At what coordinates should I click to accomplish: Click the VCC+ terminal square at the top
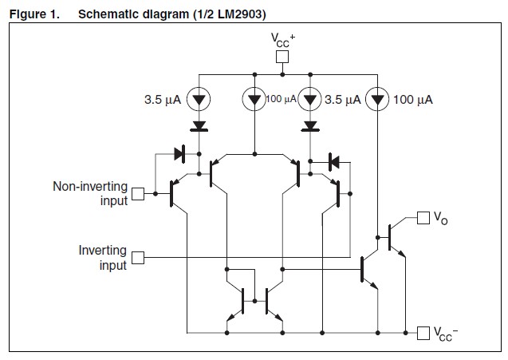pos(281,57)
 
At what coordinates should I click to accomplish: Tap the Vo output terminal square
pos(423,216)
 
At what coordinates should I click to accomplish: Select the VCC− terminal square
pos(423,331)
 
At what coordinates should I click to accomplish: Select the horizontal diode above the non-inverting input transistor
pos(179,152)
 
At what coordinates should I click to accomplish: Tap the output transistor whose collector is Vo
pos(393,237)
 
